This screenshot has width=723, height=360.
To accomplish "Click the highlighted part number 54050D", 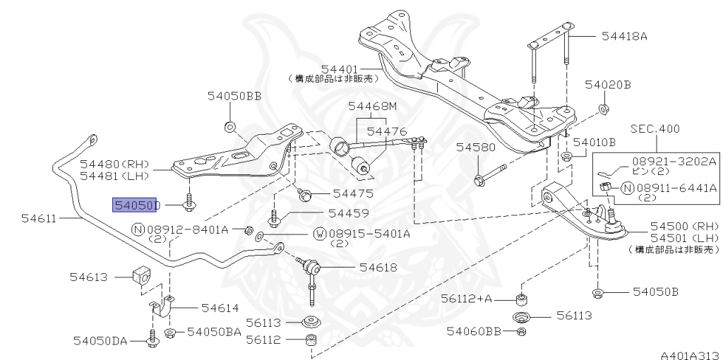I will (x=137, y=205).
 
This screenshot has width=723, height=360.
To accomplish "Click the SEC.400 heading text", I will (x=656, y=129).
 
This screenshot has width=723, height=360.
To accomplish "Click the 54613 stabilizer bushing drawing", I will (x=141, y=277).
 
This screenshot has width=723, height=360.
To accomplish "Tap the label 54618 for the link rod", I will (x=378, y=268).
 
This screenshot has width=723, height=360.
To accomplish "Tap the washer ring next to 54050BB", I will (x=229, y=127).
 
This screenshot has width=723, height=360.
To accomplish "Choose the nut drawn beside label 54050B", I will (x=597, y=292).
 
